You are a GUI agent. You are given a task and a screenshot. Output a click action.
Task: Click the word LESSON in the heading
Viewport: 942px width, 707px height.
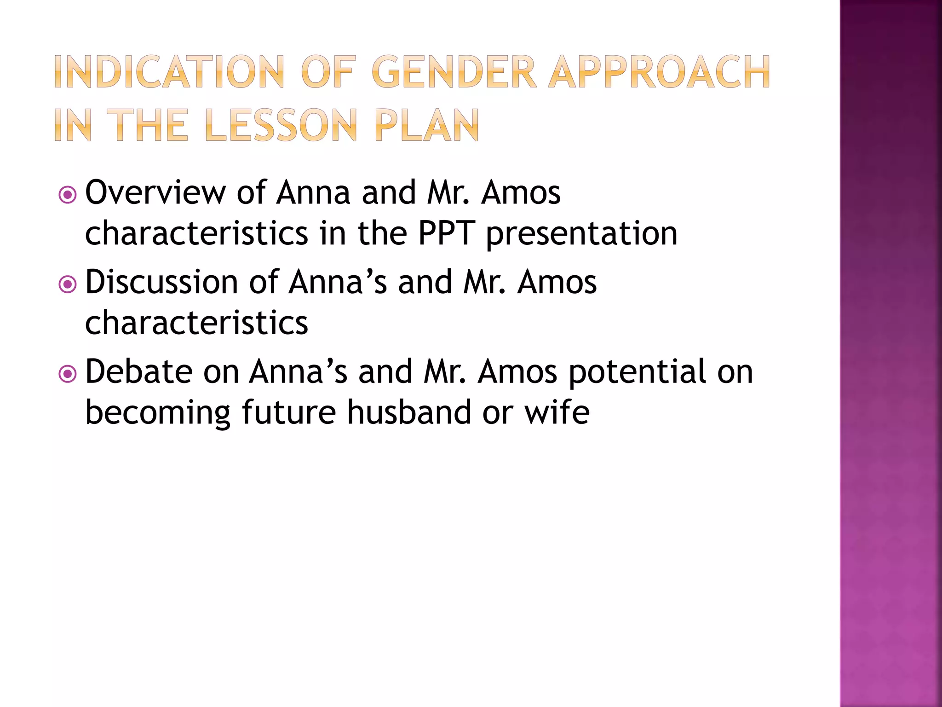281,125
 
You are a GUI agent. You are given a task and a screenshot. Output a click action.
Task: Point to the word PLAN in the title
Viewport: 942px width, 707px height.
426,125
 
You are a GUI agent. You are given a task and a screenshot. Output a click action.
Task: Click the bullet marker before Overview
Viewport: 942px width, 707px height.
68,195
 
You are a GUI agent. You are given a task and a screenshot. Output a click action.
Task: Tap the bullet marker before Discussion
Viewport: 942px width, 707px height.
68,284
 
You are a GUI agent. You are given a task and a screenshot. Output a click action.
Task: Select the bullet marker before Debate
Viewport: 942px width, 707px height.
68,374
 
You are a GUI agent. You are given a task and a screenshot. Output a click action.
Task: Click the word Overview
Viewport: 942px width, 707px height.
155,192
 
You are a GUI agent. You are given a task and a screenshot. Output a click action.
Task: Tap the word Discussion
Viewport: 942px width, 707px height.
161,282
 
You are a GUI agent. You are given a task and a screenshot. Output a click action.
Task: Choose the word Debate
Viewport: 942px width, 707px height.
138,371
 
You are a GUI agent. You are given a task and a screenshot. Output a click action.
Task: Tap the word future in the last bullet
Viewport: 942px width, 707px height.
288,412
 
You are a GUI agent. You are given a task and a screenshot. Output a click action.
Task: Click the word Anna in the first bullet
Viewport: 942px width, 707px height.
313,192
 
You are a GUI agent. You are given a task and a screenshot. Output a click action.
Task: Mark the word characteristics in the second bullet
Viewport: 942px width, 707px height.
196,323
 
